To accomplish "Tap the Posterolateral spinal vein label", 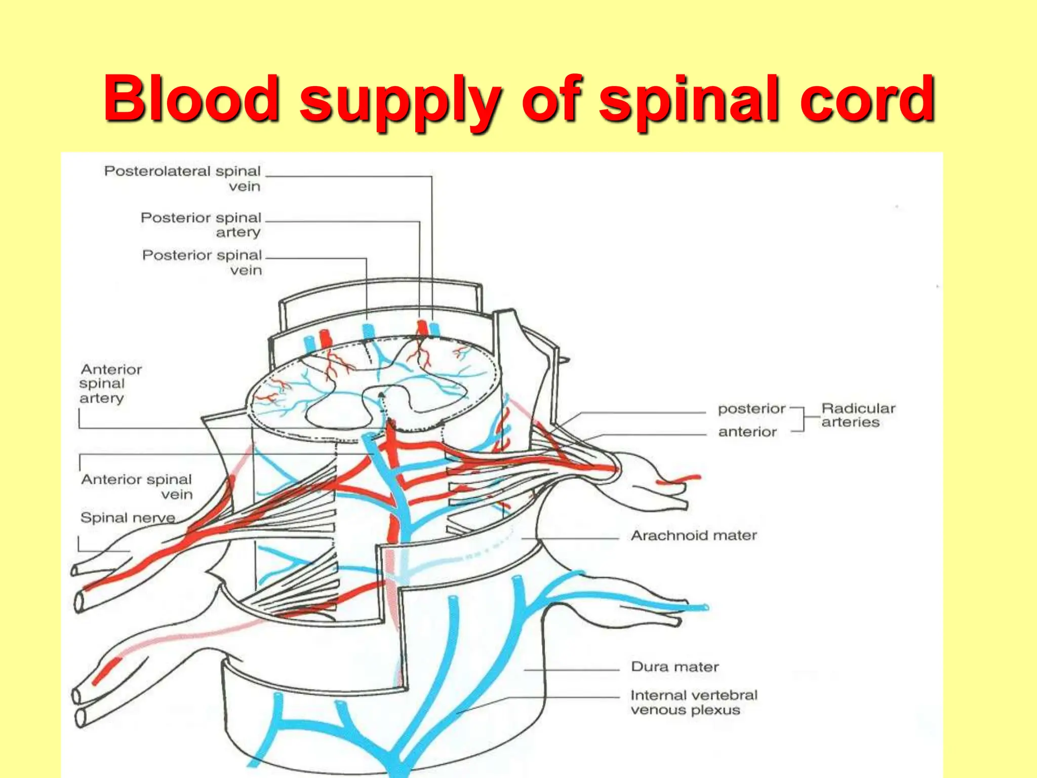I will coord(183,178).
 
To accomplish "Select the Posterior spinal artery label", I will coord(201,224).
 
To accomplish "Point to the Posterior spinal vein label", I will coord(202,262).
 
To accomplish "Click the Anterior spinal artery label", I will coord(110,383).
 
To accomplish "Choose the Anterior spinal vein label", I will coord(137,486).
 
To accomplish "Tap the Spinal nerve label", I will coord(128,518).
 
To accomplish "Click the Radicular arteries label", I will coord(858,415).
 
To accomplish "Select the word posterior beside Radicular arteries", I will coord(751,408).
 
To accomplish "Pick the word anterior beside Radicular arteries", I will coord(747,432).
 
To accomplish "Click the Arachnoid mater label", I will coord(694,535).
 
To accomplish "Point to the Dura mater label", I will coord(674,667).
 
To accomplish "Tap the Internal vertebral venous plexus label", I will coord(694,702).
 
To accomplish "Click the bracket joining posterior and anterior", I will coord(803,418).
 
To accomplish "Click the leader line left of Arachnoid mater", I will coord(570,537).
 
